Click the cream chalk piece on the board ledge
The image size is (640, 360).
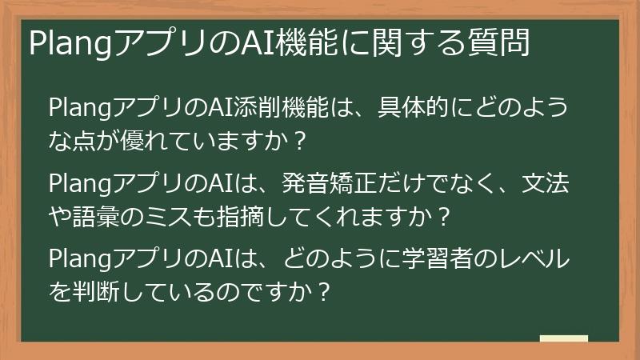[x=564, y=338]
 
